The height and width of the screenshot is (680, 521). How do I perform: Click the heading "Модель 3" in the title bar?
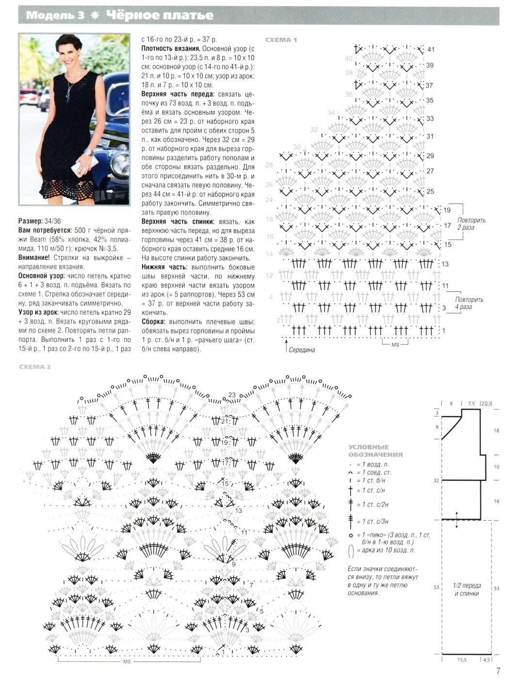click(x=54, y=16)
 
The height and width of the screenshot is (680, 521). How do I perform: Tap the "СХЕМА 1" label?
click(x=281, y=40)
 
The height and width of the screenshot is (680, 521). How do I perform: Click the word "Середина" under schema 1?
click(x=302, y=350)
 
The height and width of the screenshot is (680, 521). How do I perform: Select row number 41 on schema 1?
click(x=431, y=50)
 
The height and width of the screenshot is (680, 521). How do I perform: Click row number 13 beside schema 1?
click(x=445, y=264)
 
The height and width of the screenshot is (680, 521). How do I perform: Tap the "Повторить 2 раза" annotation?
click(x=471, y=223)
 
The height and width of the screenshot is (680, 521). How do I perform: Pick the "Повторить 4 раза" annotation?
click(x=469, y=303)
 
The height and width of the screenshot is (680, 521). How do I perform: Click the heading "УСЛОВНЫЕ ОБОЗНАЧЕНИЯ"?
click(x=375, y=451)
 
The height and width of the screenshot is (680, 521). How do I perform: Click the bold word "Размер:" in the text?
click(x=32, y=221)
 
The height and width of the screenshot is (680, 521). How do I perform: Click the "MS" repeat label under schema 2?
click(x=127, y=662)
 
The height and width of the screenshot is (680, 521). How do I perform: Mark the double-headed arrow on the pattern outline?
click(x=456, y=519)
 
